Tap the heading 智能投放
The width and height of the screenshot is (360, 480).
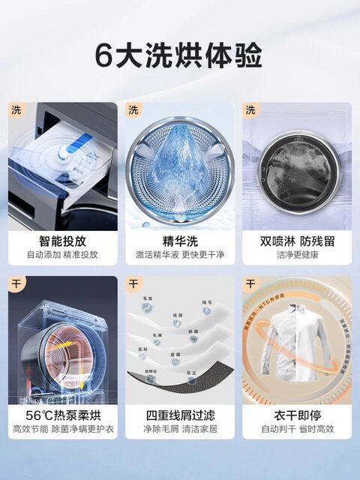pos(62,241)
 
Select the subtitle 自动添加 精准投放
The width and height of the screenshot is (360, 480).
pos(62,255)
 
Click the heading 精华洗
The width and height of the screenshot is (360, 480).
pos(179,241)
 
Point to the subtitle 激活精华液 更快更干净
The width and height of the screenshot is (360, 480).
pos(179,255)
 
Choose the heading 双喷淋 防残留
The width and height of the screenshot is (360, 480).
pos(297,241)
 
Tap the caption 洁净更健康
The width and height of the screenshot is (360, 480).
pos(297,255)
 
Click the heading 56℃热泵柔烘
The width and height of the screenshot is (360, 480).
pos(62,415)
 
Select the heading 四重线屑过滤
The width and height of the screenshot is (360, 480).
pos(179,415)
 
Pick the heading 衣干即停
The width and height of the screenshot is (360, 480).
pos(297,415)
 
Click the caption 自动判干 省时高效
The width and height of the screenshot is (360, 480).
pos(297,429)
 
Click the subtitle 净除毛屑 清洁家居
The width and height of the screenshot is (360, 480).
pos(179,429)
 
